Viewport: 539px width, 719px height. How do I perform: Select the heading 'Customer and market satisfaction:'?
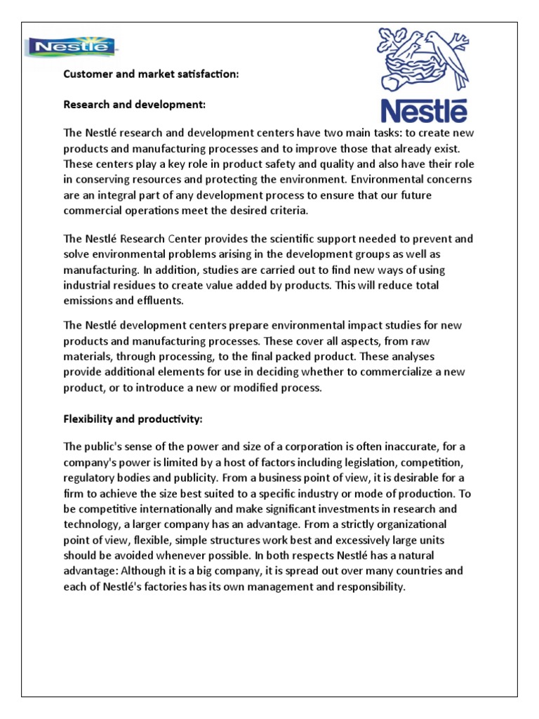[152, 74]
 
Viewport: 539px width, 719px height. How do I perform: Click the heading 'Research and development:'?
[135, 105]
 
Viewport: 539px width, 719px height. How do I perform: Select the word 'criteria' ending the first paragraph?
[288, 210]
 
